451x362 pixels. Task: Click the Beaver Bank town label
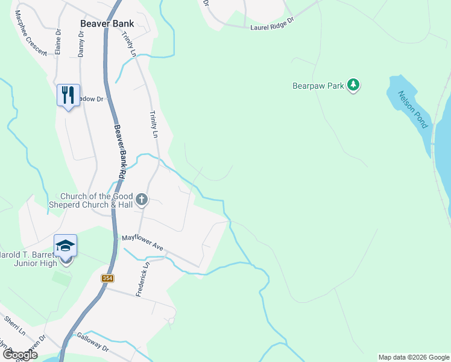point(107,24)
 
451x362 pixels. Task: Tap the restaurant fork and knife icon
point(68,95)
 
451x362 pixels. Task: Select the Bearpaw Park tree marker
point(353,86)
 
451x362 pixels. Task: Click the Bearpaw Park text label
point(318,86)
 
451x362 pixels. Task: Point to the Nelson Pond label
point(412,109)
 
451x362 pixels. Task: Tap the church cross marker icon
point(141,200)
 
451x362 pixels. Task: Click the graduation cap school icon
point(65,246)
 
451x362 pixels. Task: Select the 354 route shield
point(107,278)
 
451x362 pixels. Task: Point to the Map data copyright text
point(414,357)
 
